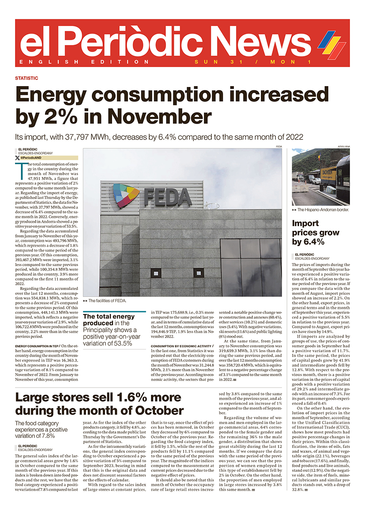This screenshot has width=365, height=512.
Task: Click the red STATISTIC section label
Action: click(x=26, y=78)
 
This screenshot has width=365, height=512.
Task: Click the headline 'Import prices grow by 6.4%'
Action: click(x=316, y=232)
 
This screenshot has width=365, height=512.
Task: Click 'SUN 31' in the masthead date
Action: click(x=210, y=62)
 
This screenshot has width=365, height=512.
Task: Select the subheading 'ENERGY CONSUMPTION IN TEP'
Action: click(x=37, y=346)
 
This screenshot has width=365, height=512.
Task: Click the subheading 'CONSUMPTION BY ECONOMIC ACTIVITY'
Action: click(x=181, y=346)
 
